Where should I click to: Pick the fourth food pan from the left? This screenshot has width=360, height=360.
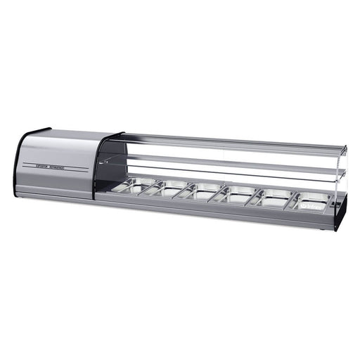236,194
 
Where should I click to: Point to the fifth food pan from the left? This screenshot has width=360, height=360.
271,197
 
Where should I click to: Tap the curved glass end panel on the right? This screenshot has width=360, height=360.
339,179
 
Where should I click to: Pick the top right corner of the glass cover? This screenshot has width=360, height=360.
345,148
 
